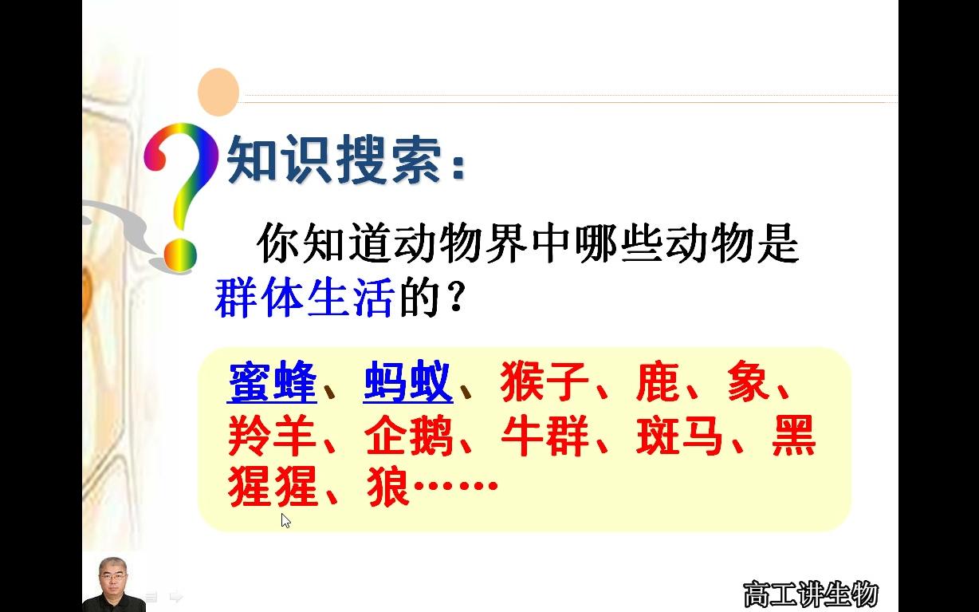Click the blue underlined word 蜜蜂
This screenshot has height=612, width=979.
[272, 383]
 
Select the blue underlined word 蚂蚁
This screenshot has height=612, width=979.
[407, 383]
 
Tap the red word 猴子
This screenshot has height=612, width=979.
[545, 383]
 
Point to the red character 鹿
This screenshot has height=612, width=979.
[658, 383]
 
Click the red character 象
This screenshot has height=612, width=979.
[749, 383]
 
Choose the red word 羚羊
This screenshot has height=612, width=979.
[272, 436]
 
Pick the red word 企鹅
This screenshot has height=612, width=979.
[408, 436]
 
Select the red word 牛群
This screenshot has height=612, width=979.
[545, 436]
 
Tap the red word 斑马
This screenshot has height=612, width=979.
[680, 436]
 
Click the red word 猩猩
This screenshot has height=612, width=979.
[272, 486]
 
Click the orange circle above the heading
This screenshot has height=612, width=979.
[218, 91]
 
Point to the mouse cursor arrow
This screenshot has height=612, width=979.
[285, 519]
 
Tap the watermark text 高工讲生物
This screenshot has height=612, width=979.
[810, 594]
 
